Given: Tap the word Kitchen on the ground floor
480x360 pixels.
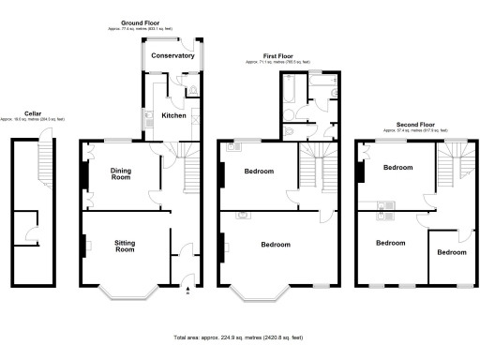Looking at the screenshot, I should (x=173, y=115).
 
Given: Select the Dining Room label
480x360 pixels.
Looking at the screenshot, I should (x=121, y=173).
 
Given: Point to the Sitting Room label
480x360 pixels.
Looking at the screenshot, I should (x=125, y=247).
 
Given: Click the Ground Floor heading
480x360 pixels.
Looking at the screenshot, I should (x=141, y=22).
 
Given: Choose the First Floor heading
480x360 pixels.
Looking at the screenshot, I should (x=277, y=56).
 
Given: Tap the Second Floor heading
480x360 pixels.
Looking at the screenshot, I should (x=414, y=124).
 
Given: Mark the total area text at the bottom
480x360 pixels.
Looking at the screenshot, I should (x=240, y=336).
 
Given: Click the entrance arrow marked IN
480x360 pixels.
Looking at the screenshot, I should (x=187, y=289).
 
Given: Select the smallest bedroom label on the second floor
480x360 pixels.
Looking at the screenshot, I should (x=452, y=252).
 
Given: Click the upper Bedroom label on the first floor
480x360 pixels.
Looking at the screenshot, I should (x=259, y=172).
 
